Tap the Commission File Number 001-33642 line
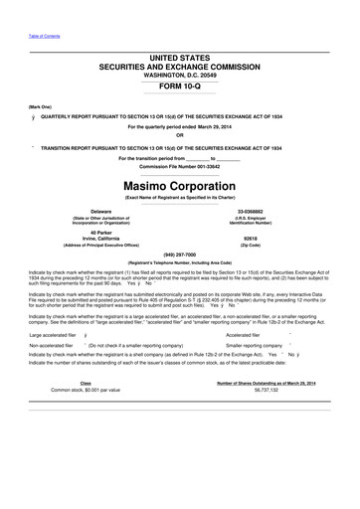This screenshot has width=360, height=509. coord(180,165)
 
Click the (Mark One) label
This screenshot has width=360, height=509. coord(41,105)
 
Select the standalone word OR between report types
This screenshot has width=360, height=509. coord(180,135)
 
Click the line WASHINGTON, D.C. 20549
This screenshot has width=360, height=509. coord(180,74)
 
